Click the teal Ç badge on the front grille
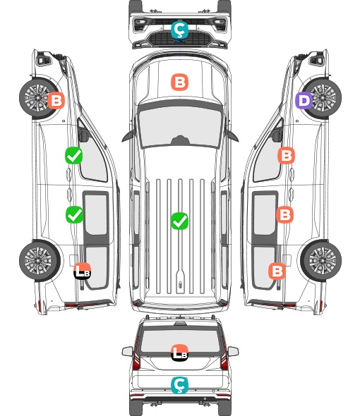click(179, 30)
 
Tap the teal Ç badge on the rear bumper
click(179, 385)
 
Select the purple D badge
click(304, 101)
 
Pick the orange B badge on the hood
click(179, 82)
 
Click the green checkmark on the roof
click(179, 221)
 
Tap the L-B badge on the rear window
click(179, 353)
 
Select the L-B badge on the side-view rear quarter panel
click(83, 271)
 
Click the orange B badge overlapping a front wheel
click(56, 101)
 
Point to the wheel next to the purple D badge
click(322, 98)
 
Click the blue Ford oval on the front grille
click(180, 41)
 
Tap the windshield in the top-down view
click(180, 126)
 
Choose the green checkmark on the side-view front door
click(74, 155)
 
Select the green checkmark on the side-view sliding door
click(74, 214)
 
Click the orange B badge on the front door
click(286, 155)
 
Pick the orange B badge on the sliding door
click(284, 214)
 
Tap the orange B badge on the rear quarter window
click(277, 271)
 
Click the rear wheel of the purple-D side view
click(321, 261)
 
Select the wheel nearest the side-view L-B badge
click(40, 261)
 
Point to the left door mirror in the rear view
click(127, 351)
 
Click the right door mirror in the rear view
click(233, 351)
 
